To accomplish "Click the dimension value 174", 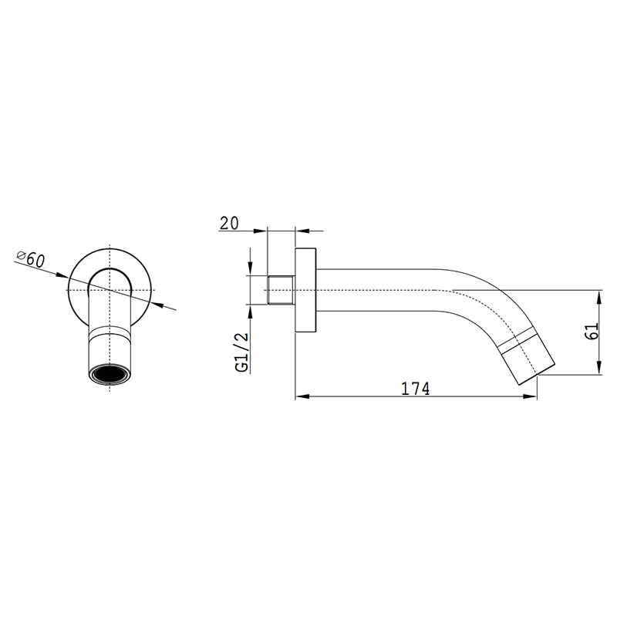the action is coord(415,389).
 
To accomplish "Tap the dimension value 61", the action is coord(592,331).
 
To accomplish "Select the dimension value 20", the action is coord(229,223).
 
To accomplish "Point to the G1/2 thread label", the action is coord(242,352).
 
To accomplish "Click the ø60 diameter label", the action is coord(30,259).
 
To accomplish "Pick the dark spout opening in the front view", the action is coord(109,374).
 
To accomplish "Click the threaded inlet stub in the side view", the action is coord(281,290).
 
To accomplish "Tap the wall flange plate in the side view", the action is coord(305,291).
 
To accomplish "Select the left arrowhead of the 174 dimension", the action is coord(301,396).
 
